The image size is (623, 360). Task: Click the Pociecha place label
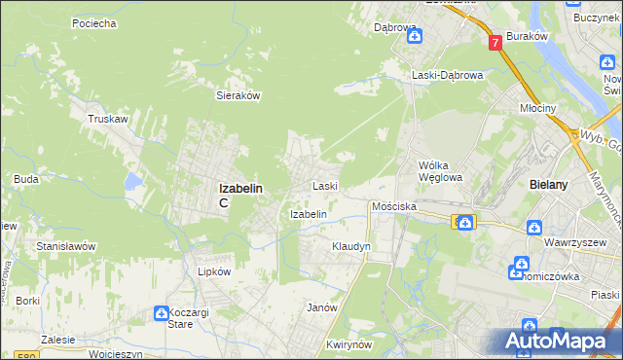point(94,22)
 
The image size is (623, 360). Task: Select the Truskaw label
point(108,119)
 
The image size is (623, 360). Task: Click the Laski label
point(324,185)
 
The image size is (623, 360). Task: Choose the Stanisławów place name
point(66,246)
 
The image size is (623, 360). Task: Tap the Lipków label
point(214,272)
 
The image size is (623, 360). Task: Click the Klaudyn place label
point(351,247)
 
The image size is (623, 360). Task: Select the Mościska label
point(394,207)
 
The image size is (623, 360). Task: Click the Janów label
point(322,307)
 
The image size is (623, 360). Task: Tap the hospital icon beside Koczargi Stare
point(162,312)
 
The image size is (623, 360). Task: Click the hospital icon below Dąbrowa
point(415,37)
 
